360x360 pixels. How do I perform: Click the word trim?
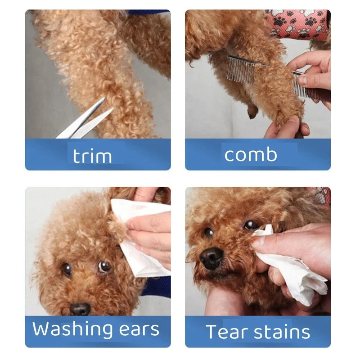pos(92,156)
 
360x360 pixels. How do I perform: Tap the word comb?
pos(251,154)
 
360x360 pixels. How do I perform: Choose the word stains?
pos(282,332)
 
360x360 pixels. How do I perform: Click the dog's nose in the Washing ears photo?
pos(80,309)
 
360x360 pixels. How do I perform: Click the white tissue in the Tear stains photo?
pos(292,270)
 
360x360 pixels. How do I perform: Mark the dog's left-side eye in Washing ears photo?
pos(67,269)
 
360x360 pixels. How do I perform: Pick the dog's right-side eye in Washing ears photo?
pos(104,267)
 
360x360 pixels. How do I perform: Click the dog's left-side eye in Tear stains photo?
pos(208,232)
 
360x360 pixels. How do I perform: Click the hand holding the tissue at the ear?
pos(148,234)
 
